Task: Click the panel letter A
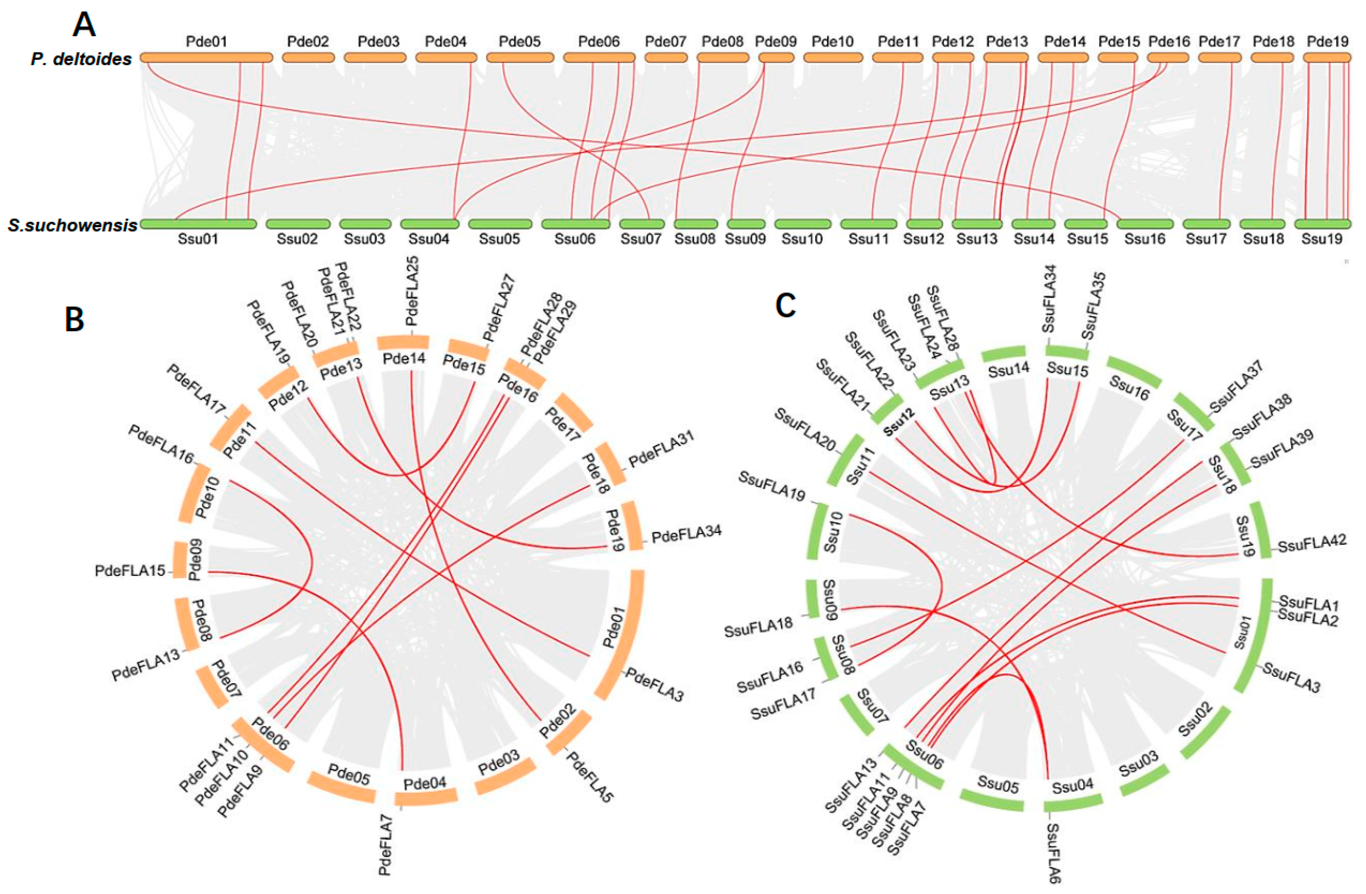[84, 26]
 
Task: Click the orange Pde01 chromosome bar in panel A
[206, 58]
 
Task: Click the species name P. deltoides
[81, 59]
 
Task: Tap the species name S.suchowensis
[72, 225]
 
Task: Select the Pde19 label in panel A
[1327, 42]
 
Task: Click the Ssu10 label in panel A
[802, 239]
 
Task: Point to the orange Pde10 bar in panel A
[833, 58]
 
